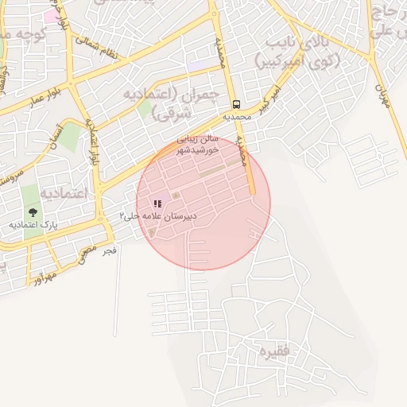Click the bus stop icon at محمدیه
[236, 104]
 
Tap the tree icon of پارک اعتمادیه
[33, 212]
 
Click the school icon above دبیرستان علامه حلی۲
[157, 203]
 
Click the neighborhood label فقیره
[268, 351]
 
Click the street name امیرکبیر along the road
[271, 100]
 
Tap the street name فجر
[110, 250]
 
